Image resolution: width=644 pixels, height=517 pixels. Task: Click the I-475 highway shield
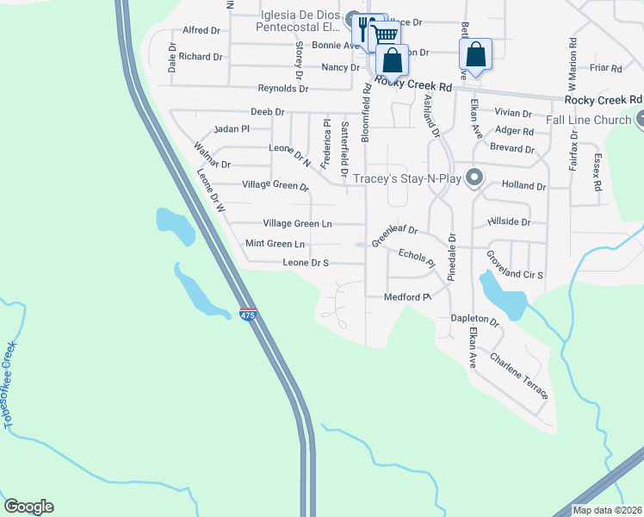pos(247,315)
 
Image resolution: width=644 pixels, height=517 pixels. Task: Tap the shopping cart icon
pos(386,34)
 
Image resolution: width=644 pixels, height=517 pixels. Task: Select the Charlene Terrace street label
pos(519,375)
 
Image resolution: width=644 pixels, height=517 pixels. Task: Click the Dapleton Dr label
pos(475,318)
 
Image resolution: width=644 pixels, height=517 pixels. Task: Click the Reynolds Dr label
pos(283,89)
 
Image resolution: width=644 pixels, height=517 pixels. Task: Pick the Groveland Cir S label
pos(515,265)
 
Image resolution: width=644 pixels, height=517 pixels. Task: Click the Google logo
pos(28,507)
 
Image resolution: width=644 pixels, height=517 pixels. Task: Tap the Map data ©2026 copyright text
pos(607,510)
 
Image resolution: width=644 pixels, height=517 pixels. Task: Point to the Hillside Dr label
pos(509,221)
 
